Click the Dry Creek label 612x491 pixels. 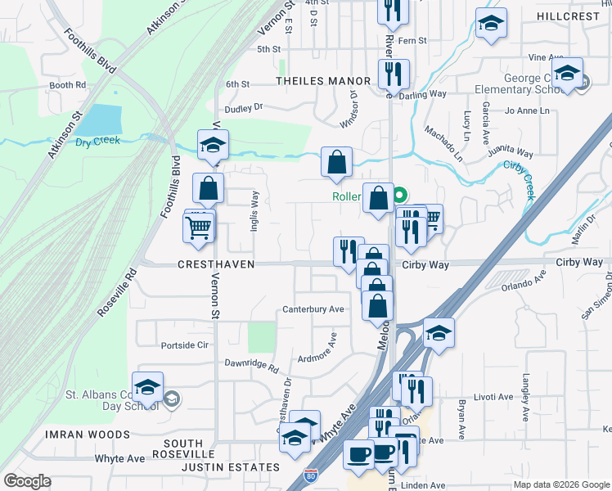pos(97,141)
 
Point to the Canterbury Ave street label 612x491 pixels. pos(313,309)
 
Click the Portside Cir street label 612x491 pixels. pos(184,345)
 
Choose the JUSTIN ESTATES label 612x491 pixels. pos(230,467)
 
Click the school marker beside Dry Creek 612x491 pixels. pos(213,146)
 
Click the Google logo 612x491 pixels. pos(28,481)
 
